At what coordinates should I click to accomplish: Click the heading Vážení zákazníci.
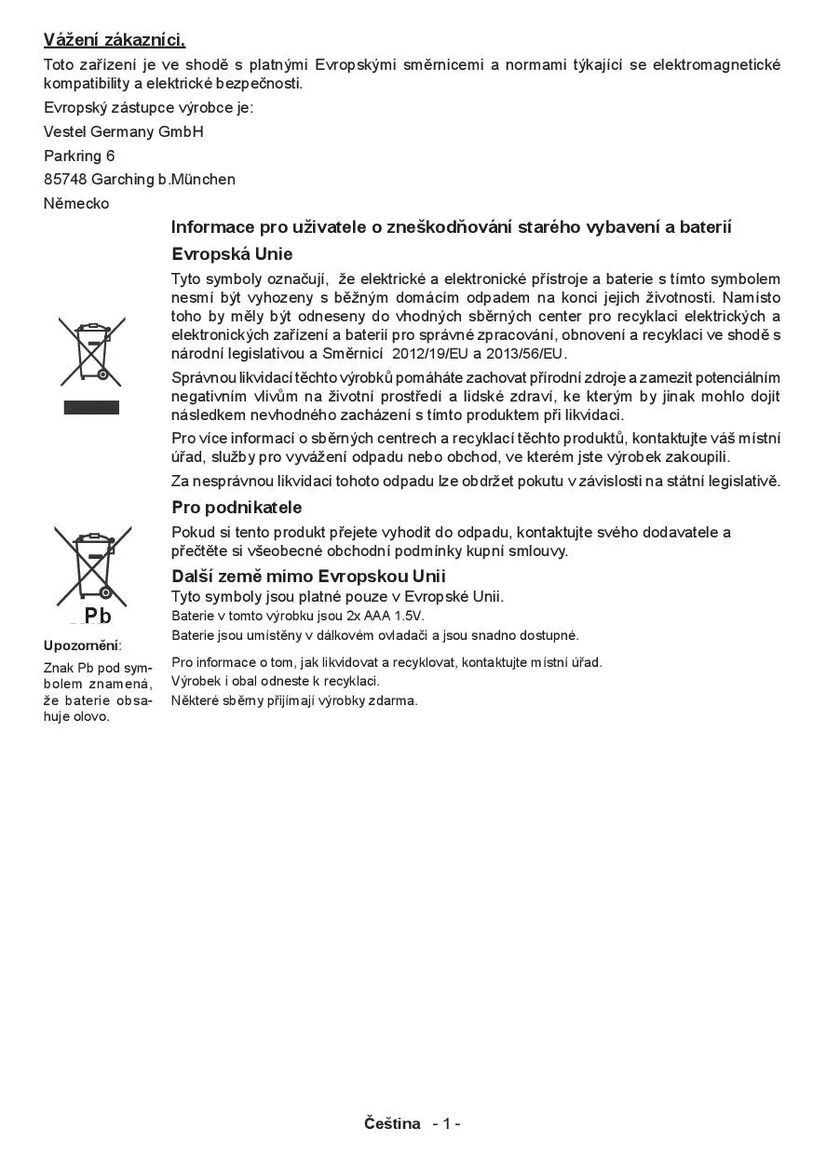115,39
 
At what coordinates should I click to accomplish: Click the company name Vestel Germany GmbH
123,131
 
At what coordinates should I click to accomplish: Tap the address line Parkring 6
79,156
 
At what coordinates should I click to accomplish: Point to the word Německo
76,203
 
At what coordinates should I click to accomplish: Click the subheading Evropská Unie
232,253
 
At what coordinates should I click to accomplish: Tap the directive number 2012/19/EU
430,354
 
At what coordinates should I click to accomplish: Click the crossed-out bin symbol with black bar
91,351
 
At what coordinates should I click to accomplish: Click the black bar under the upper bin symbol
91,407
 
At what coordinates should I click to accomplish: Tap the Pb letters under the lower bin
97,616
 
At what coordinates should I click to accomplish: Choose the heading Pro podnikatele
237,508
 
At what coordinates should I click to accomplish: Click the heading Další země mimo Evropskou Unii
308,577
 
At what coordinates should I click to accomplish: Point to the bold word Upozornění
81,645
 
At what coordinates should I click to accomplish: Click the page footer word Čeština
392,1123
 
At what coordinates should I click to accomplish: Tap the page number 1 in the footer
446,1123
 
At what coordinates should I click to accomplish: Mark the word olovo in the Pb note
92,716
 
